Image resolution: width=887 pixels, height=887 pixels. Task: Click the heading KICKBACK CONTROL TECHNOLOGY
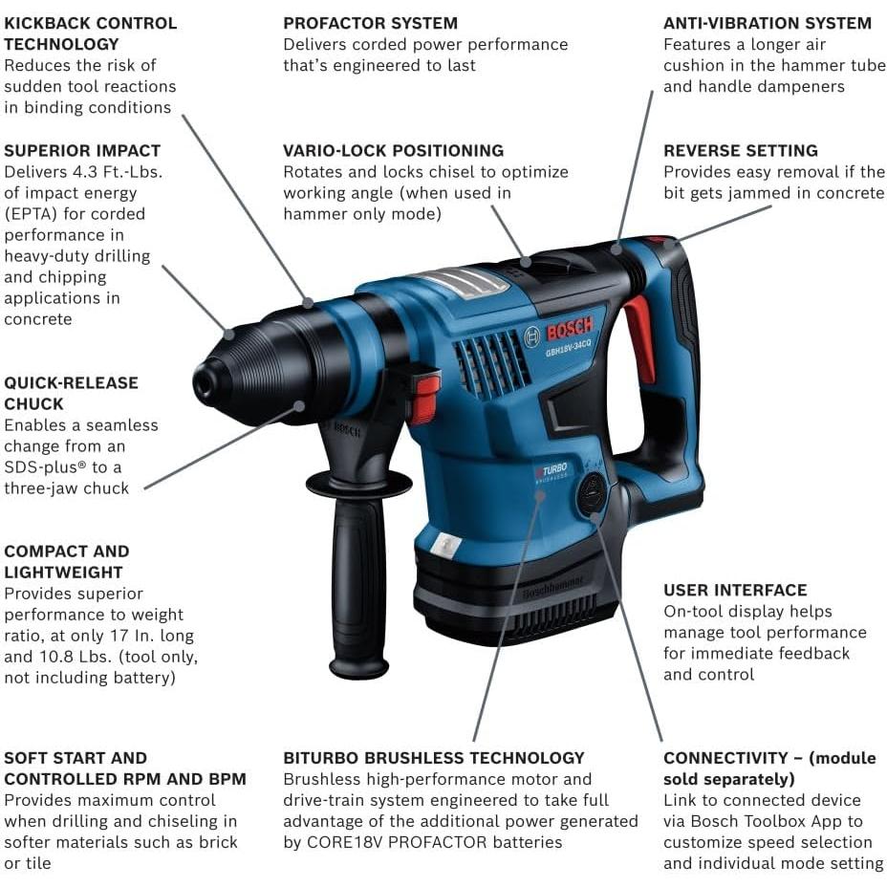pyautogui.click(x=90, y=33)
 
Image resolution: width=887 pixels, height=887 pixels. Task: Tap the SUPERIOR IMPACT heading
pyautogui.click(x=82, y=151)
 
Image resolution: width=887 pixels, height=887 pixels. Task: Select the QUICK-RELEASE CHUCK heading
pyautogui.click(x=71, y=393)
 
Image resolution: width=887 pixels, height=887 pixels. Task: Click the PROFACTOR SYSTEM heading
pyautogui.click(x=370, y=23)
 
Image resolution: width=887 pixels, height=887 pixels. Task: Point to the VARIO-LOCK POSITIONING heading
pyautogui.click(x=393, y=151)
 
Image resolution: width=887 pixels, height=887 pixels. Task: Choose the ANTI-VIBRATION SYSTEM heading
pyautogui.click(x=768, y=23)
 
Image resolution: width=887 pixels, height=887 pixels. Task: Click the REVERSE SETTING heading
pyautogui.click(x=741, y=151)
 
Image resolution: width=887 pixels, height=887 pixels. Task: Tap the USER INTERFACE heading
pyautogui.click(x=735, y=591)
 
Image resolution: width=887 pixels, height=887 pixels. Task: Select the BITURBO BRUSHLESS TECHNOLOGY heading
pyautogui.click(x=433, y=758)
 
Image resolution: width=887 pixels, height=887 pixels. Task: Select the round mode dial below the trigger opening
pyautogui.click(x=592, y=494)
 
